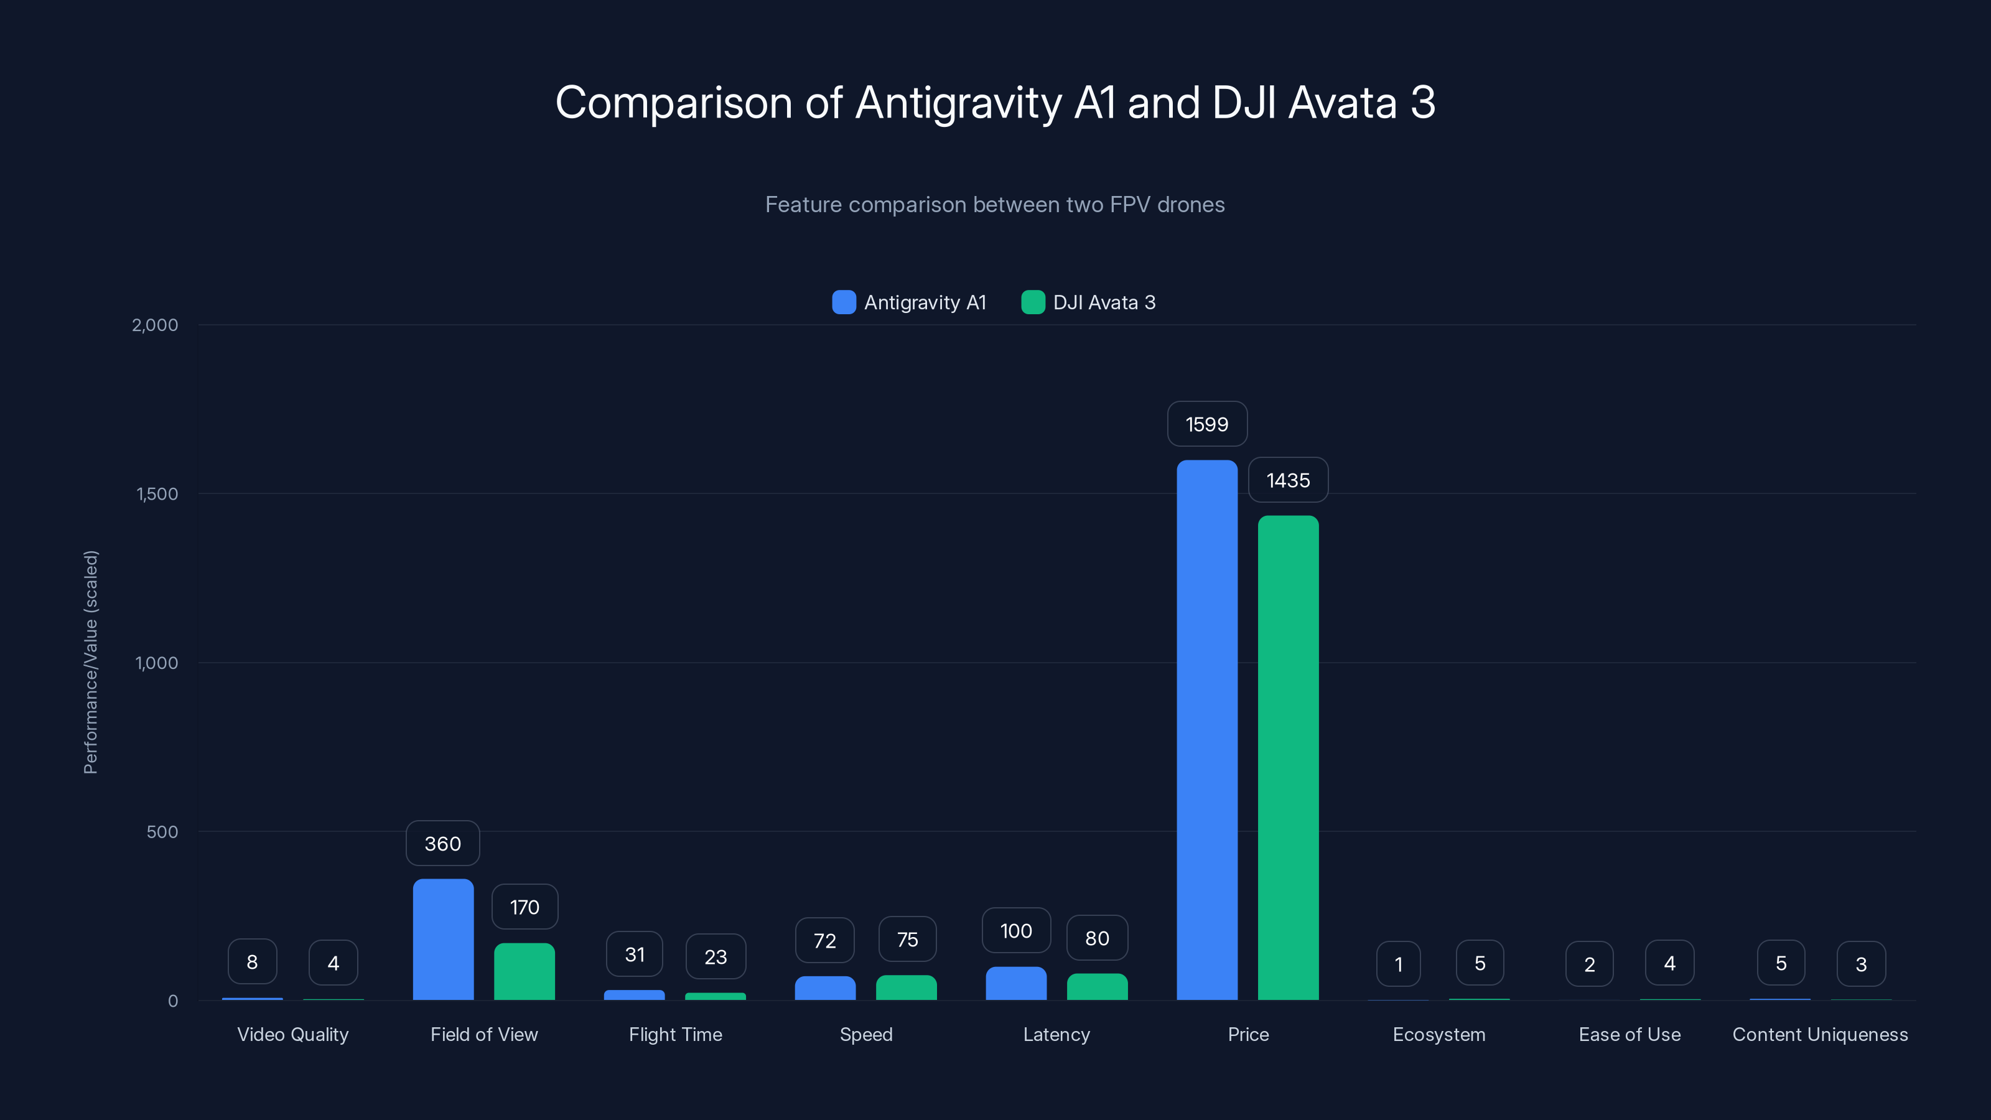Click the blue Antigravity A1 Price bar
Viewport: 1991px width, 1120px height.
click(1206, 730)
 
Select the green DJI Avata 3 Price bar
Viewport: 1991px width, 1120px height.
click(1288, 757)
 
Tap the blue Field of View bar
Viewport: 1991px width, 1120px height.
click(443, 939)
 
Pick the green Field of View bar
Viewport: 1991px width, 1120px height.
click(524, 971)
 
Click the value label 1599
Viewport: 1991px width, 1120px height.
click(1206, 424)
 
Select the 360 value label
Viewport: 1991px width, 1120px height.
click(443, 843)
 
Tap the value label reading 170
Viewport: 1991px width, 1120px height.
click(525, 907)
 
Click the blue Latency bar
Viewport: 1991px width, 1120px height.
click(1015, 983)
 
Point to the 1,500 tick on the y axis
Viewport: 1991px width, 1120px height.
click(157, 494)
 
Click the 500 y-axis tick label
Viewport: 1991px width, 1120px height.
click(162, 832)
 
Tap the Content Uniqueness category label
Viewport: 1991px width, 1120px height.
click(1819, 1034)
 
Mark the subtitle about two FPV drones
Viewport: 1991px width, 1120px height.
click(995, 205)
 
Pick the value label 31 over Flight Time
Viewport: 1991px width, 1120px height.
click(634, 954)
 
